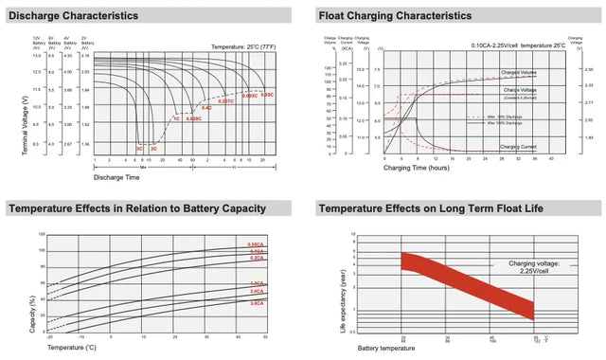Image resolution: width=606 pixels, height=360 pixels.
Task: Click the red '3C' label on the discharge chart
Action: tap(139, 149)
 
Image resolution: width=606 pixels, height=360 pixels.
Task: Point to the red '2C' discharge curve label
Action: tap(154, 149)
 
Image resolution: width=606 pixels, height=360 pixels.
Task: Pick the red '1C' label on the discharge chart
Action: tap(175, 118)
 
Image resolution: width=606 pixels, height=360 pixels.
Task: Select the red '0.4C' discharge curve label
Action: tap(206, 109)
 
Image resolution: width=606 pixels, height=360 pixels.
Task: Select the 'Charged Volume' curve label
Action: tap(520, 72)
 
